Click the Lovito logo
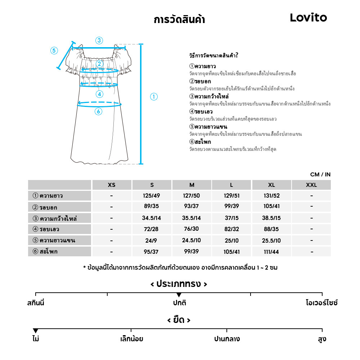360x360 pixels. coord(309,18)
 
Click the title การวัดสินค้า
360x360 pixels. coord(179,19)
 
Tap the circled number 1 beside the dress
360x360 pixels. coord(154,96)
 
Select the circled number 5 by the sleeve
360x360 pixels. coord(54,50)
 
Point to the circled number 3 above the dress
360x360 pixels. coord(99,40)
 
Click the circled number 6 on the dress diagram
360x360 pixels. coord(98,112)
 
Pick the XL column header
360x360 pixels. coord(271,185)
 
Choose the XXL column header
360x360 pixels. coord(311,185)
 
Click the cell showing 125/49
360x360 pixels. coord(152,196)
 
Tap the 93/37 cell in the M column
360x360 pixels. coord(192,207)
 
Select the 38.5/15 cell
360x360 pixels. coord(271,218)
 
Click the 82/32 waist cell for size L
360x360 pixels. coord(231,229)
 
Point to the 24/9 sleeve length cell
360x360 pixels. coord(152,240)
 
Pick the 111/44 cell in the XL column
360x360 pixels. coord(271,252)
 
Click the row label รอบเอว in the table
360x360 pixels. coord(49,229)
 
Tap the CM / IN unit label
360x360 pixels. coord(320,175)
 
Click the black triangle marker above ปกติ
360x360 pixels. coord(179,295)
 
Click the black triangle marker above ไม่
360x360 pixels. coord(35,331)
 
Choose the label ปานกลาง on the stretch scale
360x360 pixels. coord(227,339)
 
